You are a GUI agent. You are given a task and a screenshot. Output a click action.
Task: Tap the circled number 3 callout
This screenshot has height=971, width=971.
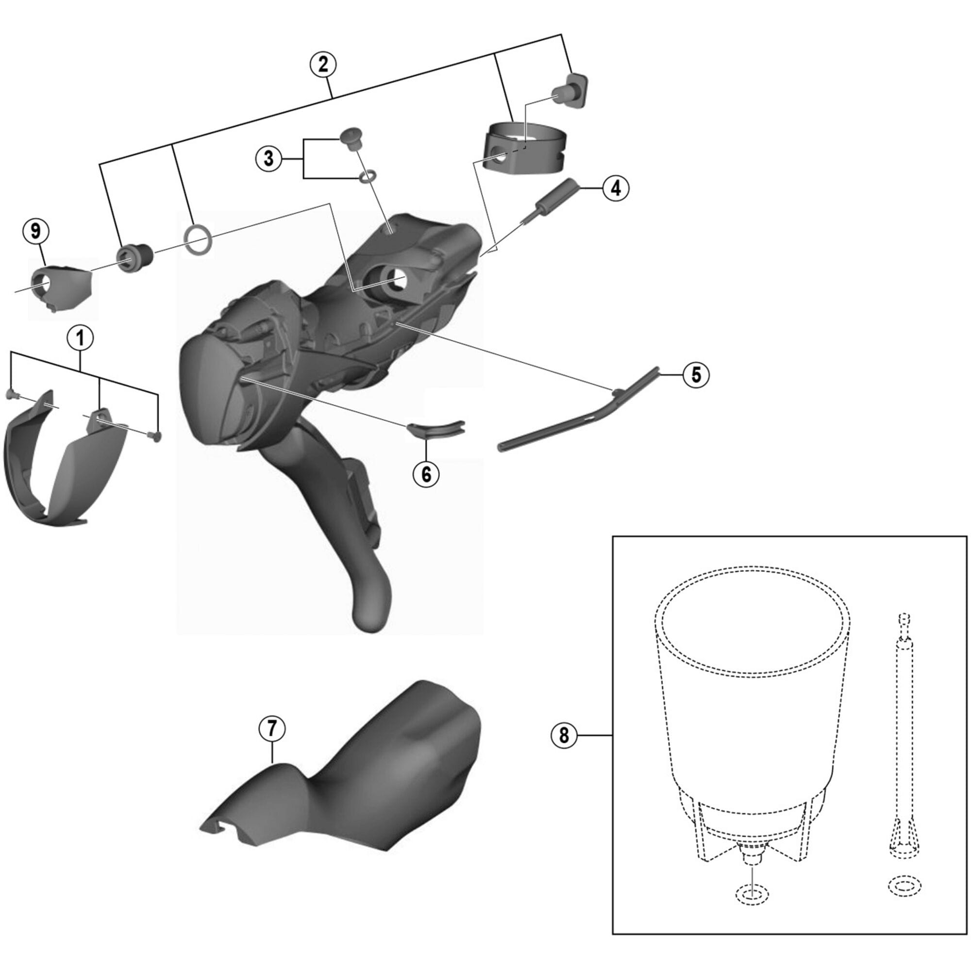(x=268, y=158)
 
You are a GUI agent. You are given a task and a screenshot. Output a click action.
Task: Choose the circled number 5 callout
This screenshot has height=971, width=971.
(x=696, y=374)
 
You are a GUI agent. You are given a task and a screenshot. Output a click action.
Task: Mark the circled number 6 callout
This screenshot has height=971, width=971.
(x=426, y=473)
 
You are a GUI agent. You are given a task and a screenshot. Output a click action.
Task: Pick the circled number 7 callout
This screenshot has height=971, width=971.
(x=272, y=728)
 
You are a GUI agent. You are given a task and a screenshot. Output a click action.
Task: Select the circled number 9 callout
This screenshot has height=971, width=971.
(x=35, y=231)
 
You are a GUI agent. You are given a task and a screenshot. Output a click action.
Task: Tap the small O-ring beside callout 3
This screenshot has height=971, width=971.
(x=367, y=175)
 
